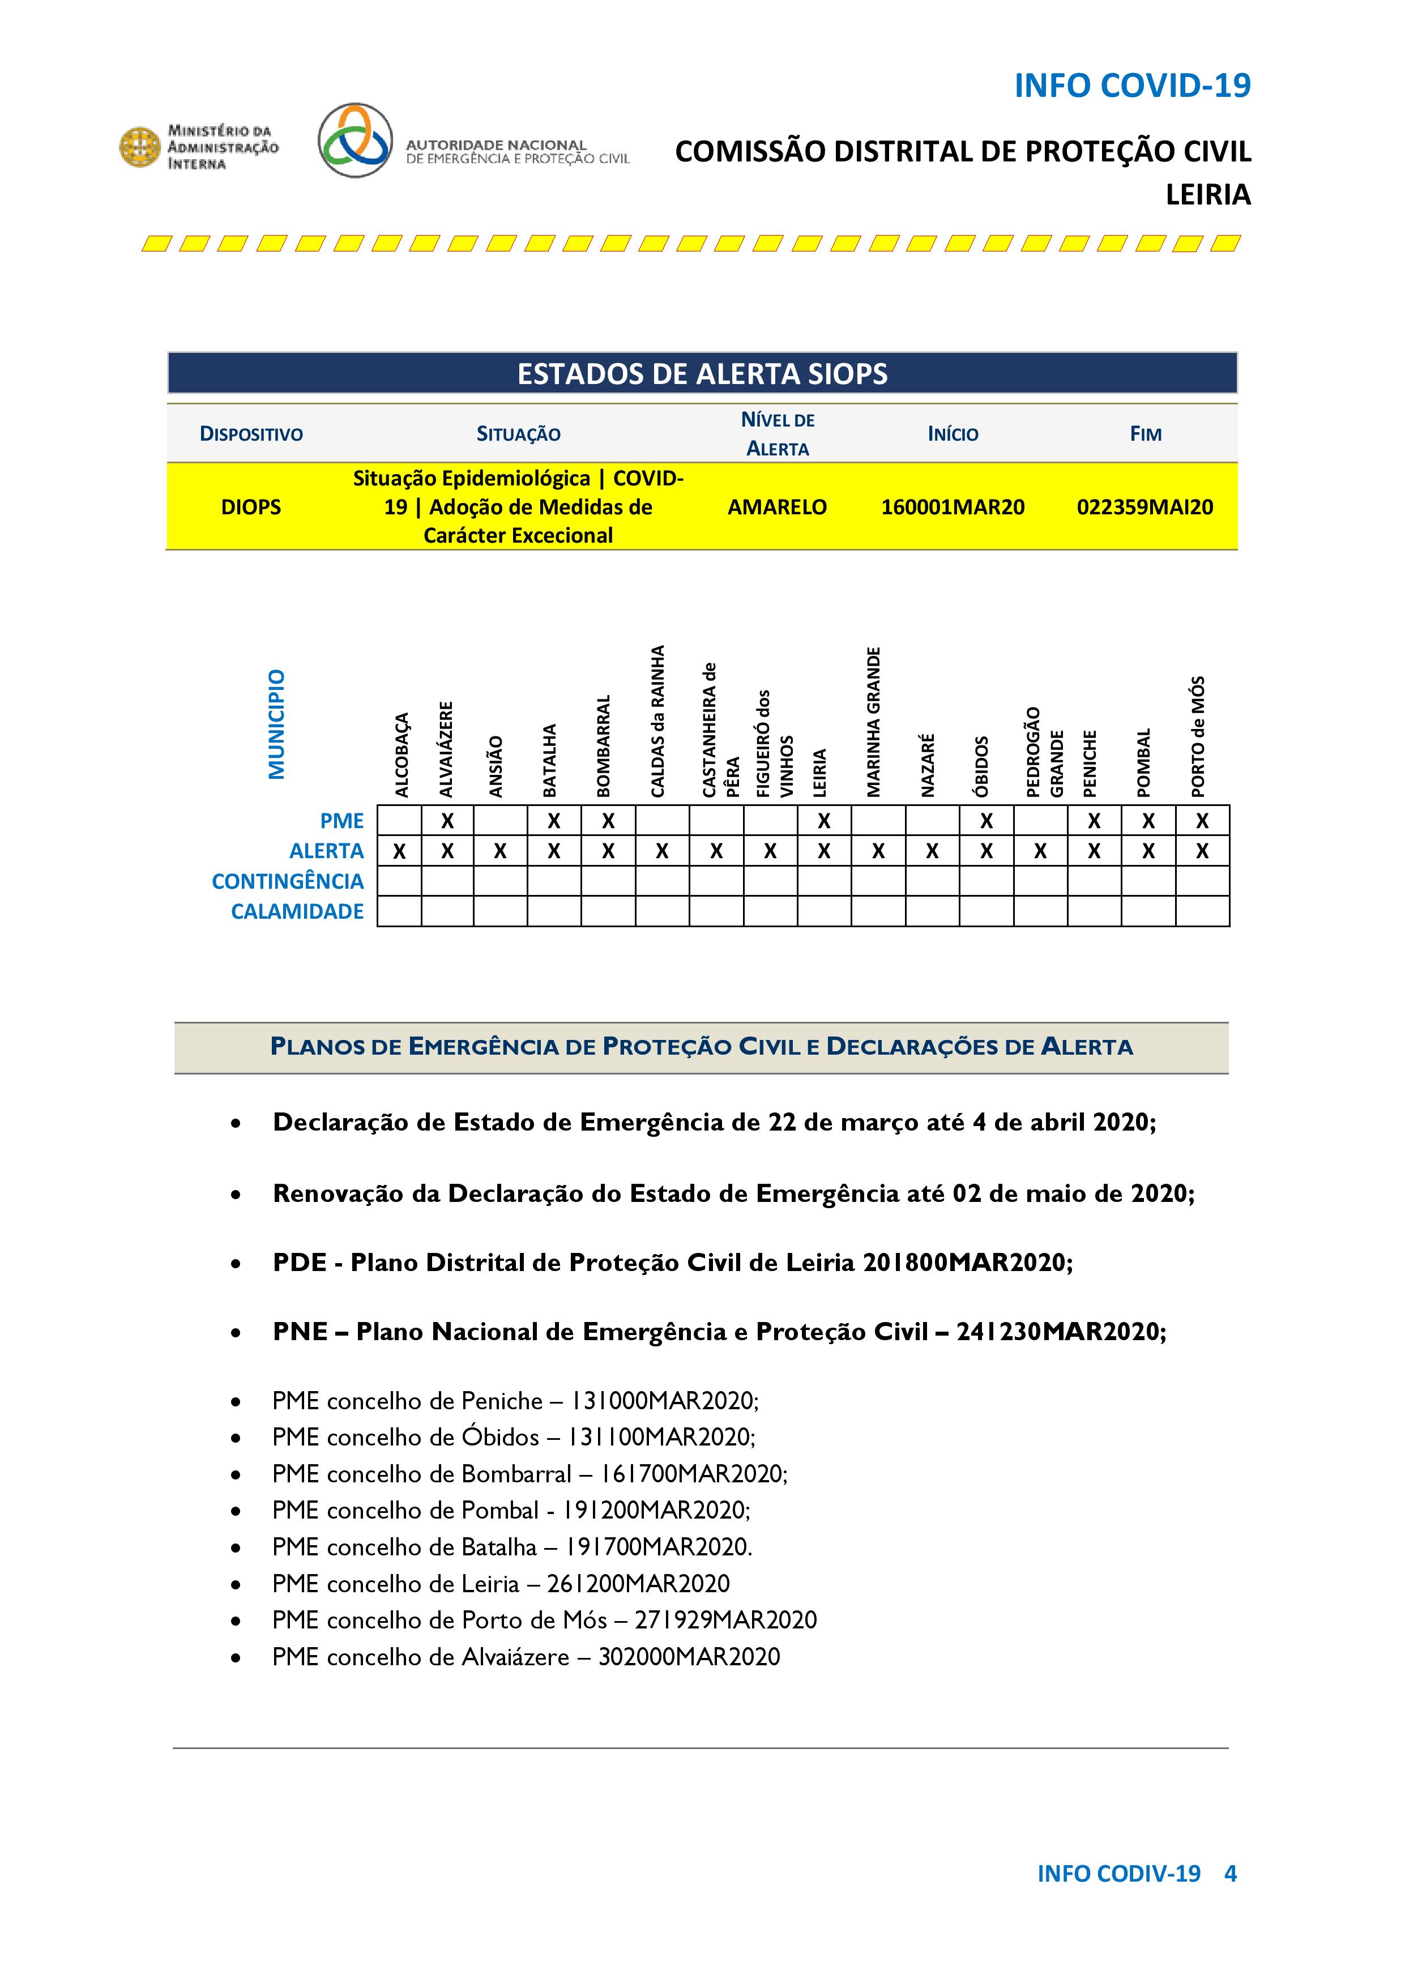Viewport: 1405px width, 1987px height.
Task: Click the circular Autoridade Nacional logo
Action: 355,140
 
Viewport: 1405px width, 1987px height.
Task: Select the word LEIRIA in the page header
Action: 1208,195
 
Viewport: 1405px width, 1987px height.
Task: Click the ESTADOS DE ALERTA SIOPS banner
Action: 702,374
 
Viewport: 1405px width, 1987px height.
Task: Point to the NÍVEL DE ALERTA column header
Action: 777,433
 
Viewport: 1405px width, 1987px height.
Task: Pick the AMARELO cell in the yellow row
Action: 777,507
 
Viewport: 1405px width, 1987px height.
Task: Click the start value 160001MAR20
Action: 953,507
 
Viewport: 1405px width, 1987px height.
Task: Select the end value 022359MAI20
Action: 1145,507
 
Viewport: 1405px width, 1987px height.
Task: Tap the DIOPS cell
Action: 251,507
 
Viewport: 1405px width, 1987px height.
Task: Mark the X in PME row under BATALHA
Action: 554,820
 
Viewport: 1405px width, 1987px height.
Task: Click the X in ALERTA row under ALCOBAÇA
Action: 399,851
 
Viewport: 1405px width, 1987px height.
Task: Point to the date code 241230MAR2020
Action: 1060,1331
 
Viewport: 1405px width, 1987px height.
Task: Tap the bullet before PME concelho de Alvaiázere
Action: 236,1658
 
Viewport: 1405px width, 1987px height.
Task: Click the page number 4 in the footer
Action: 1230,1874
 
